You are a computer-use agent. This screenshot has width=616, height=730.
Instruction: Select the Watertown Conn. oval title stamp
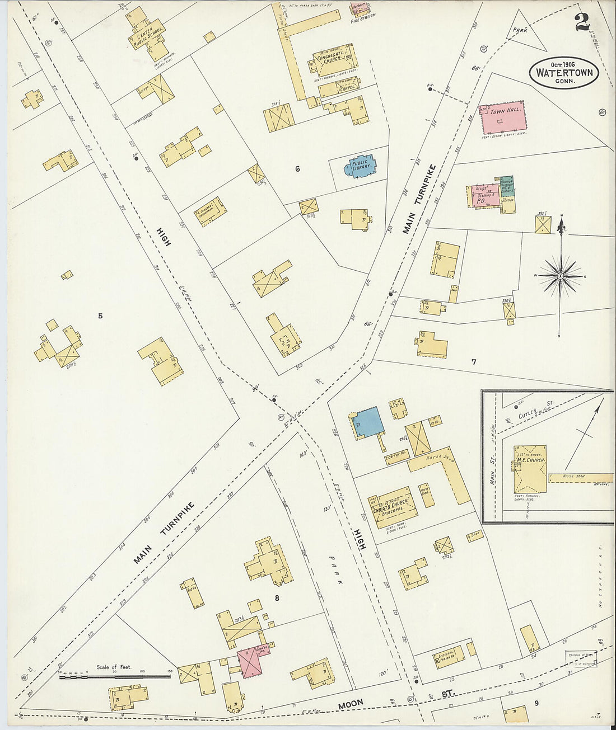click(564, 73)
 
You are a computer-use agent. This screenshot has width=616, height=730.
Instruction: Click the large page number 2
click(582, 22)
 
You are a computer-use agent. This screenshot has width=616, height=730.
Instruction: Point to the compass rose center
click(560, 276)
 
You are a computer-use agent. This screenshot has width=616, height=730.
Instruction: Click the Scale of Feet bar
click(114, 677)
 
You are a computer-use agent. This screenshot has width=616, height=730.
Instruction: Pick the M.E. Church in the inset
click(530, 469)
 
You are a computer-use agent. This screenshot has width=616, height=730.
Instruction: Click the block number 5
click(100, 316)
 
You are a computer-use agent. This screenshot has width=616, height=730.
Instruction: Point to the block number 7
click(473, 362)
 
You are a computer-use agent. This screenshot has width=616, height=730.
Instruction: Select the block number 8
click(276, 599)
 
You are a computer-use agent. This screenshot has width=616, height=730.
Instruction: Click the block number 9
click(536, 703)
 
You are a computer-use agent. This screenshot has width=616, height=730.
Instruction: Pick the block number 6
click(297, 168)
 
